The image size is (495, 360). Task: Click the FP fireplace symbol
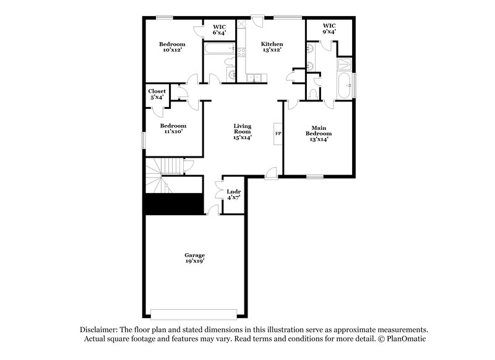278,133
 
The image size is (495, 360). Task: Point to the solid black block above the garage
173,204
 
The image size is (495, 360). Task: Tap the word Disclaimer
99,330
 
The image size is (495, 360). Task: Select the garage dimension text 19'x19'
194,262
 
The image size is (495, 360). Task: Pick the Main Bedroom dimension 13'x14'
319,140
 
